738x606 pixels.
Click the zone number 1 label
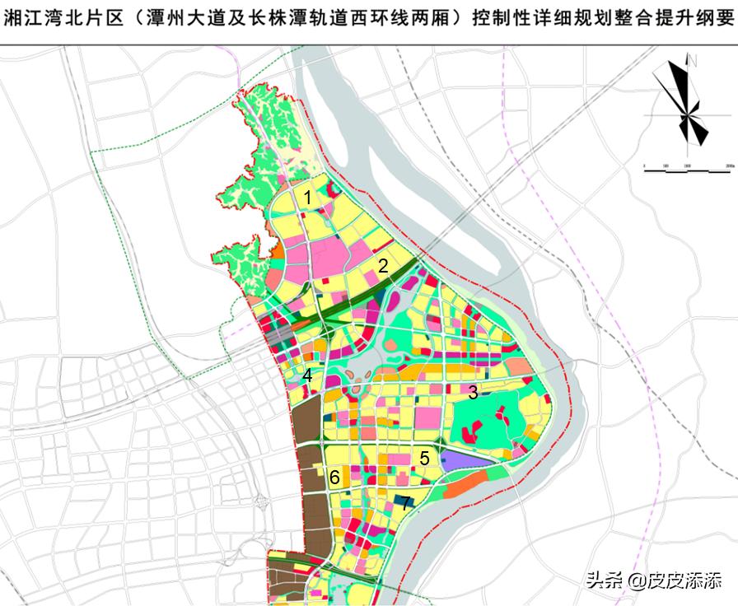pyautogui.click(x=307, y=198)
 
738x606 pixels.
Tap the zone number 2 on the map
pyautogui.click(x=383, y=265)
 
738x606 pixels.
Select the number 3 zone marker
pyautogui.click(x=473, y=393)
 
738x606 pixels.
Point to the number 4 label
pyautogui.click(x=307, y=375)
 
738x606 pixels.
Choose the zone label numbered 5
pyautogui.click(x=424, y=459)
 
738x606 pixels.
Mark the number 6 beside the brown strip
pyautogui.click(x=334, y=478)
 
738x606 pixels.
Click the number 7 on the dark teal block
pyautogui.click(x=405, y=503)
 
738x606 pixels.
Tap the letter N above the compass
pyautogui.click(x=694, y=60)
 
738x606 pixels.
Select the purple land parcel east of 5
pyautogui.click(x=465, y=460)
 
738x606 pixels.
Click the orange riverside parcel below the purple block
pyautogui.click(x=469, y=487)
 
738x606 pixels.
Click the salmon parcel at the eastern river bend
pyautogui.click(x=519, y=367)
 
